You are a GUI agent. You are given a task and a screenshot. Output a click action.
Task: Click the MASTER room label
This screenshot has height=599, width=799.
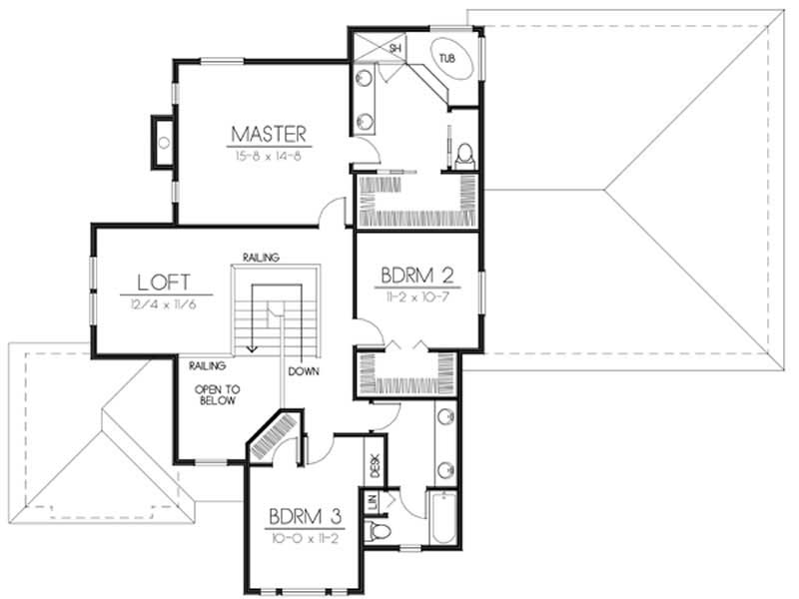click(x=268, y=133)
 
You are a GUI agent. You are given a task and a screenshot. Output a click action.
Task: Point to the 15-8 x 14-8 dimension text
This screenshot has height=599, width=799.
click(x=268, y=155)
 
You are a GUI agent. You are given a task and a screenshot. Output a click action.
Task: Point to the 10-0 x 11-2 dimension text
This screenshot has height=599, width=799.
click(x=306, y=536)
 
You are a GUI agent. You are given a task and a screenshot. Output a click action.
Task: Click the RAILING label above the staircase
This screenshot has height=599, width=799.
click(x=260, y=257)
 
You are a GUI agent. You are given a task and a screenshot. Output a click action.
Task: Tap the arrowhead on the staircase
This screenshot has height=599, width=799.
click(x=252, y=348)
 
